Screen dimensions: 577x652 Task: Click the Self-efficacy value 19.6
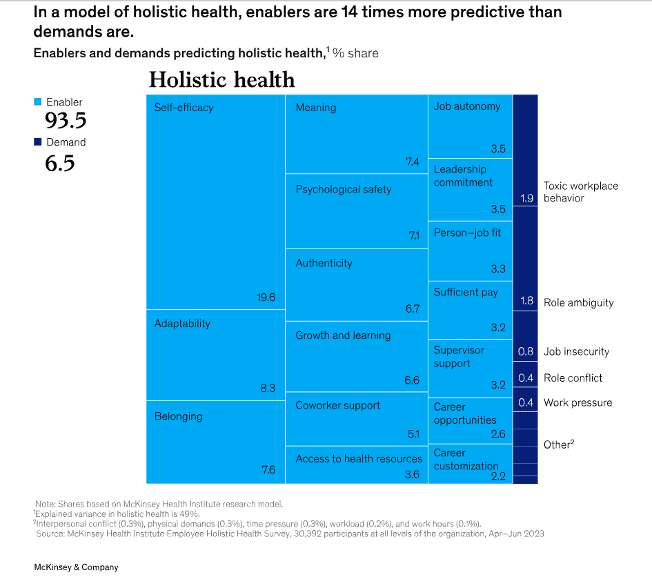pos(266,297)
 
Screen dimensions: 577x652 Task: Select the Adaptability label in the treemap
pos(182,324)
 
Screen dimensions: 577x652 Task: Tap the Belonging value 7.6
pos(268,470)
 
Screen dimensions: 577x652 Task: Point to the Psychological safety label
pos(344,189)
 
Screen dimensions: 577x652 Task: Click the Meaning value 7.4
pos(413,162)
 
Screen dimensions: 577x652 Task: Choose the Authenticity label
pos(324,263)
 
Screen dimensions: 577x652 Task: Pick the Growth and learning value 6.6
pos(412,381)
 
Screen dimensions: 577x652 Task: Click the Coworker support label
pos(337,405)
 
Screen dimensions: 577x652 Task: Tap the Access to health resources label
pos(359,458)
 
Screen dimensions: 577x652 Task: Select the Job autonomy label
pos(467,106)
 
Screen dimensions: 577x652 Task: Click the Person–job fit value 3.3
pos(498,269)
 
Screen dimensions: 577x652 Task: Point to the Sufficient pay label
pos(466,293)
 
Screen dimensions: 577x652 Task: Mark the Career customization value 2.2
pos(498,476)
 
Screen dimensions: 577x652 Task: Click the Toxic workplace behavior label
pos(581,192)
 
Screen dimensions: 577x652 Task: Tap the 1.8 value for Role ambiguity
pos(526,302)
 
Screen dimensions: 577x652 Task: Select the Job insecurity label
pos(576,351)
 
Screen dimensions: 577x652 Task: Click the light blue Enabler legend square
pos(38,102)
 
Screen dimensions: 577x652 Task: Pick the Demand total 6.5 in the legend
pos(60,164)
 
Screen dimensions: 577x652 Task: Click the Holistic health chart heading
pos(222,80)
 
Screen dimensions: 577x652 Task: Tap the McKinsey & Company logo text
pos(76,567)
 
